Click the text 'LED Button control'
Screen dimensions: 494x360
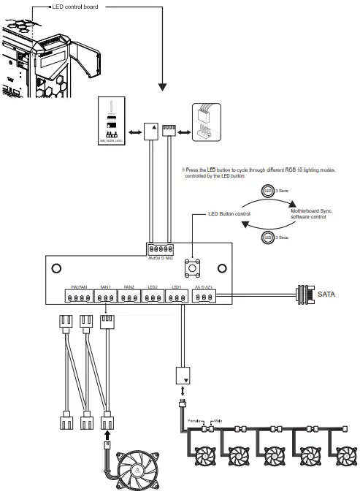(x=229, y=214)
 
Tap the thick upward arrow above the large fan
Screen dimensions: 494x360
(x=108, y=433)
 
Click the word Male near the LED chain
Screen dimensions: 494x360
(x=218, y=422)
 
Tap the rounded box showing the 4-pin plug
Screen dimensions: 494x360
(x=205, y=121)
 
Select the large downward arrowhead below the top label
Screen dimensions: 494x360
(x=161, y=86)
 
